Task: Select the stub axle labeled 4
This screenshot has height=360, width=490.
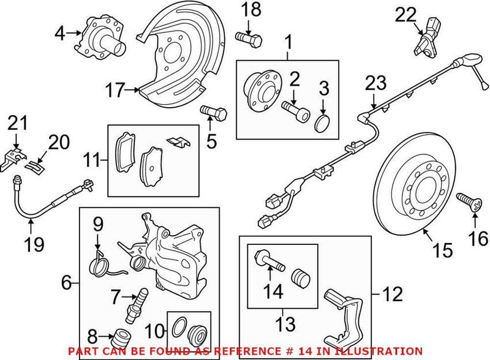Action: point(102,37)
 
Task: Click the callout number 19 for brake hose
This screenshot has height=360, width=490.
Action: point(35,246)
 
